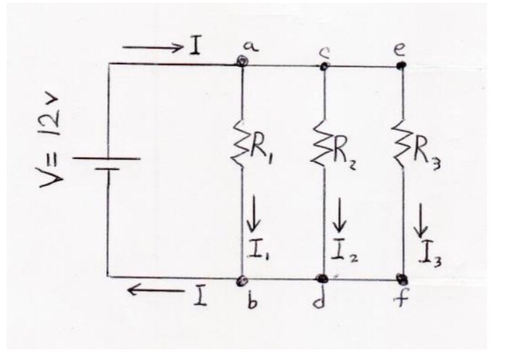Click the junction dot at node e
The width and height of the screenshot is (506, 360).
pos(402,65)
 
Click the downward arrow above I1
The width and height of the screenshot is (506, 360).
pos(253,214)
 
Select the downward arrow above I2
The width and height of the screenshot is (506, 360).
pos(335,215)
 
